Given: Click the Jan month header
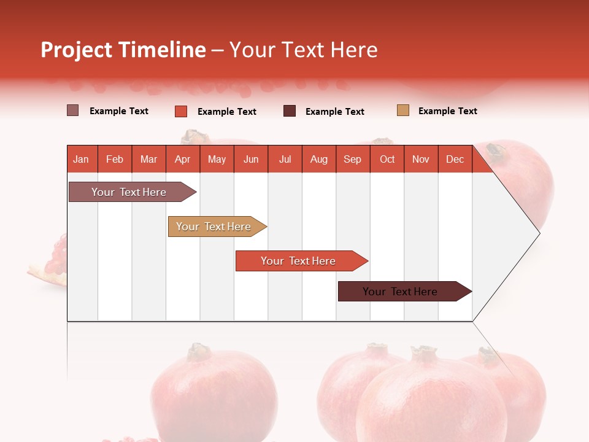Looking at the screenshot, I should (81, 159).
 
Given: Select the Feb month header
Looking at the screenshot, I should (115, 159).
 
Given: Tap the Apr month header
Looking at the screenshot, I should (182, 159).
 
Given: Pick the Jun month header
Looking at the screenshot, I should (251, 159).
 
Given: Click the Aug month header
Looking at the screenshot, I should (318, 159).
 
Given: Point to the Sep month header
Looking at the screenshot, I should (352, 159).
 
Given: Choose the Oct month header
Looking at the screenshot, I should (387, 159).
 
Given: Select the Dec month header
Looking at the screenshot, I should (455, 159).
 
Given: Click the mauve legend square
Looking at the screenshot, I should (73, 110).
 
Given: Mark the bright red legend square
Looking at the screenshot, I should (181, 111).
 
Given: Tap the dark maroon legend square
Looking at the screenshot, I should (290, 111).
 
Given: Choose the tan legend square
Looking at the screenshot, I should (403, 110).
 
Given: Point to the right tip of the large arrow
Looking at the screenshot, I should (538, 233).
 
